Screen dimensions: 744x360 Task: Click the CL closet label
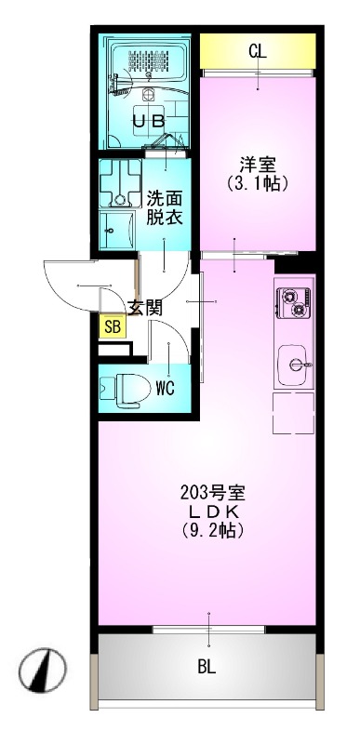coord(257,51)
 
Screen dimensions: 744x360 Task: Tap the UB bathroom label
coord(148,121)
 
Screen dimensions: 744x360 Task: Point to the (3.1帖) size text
coord(257,183)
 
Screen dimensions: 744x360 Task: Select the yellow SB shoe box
coord(112,325)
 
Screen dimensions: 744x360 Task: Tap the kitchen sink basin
coord(296,363)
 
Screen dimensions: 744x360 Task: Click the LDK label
coord(213,512)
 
